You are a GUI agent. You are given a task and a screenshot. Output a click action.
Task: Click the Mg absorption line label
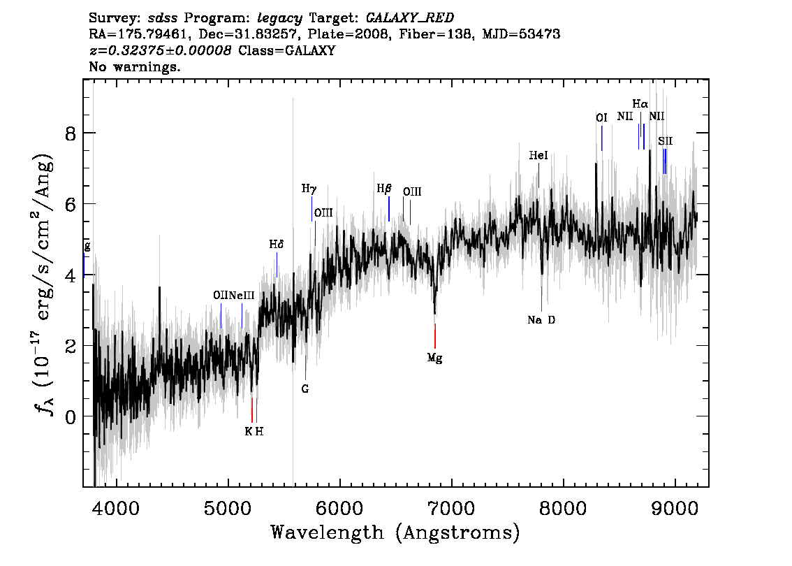pos(434,358)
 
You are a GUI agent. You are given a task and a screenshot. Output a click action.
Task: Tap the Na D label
pos(541,320)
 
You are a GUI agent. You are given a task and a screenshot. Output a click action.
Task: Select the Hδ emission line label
pos(277,245)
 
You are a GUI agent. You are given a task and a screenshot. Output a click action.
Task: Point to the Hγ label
pos(309,189)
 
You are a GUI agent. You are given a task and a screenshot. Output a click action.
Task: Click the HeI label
pos(538,156)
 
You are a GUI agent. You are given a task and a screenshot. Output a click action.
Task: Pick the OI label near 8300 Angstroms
pos(601,118)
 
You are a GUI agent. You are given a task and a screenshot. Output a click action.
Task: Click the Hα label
pos(640,104)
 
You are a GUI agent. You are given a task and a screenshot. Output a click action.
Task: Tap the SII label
pos(665,141)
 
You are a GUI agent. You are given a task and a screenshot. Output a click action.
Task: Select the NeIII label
pos(242,295)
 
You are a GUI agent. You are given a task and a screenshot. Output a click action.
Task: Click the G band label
pos(305,389)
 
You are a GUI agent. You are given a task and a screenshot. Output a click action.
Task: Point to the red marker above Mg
pos(435,336)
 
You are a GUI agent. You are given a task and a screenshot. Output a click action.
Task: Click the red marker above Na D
pos(541,299)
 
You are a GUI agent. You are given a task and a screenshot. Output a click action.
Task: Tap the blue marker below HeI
pos(539,175)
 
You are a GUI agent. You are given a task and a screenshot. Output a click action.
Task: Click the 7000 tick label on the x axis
pos(451,508)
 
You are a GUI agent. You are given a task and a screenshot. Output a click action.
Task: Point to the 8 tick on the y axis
pos(71,134)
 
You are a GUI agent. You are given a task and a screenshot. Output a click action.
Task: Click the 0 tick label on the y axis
pos(71,417)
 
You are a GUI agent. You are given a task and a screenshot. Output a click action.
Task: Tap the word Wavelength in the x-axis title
pos(328,532)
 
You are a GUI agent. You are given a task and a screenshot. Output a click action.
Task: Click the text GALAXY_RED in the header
pos(410,17)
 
